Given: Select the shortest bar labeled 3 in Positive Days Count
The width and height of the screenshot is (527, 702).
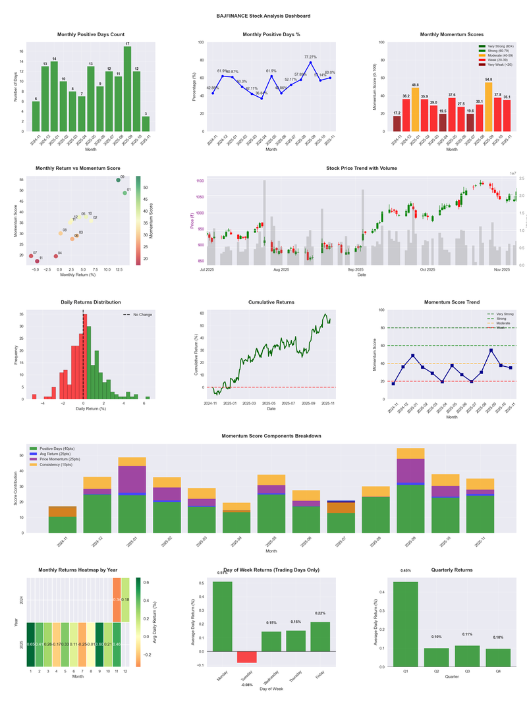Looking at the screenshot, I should click(146, 124).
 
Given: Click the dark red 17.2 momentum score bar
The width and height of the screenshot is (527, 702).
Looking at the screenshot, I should click(397, 123).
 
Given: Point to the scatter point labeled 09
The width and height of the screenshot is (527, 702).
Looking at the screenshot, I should click(118, 180).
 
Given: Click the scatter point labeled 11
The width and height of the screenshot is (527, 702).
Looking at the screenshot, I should click(37, 261).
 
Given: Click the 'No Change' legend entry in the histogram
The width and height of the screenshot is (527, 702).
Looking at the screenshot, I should click(142, 315).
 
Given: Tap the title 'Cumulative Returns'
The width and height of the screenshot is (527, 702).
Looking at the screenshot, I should click(271, 302).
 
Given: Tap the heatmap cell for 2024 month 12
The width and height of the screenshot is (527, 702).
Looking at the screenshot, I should click(125, 600).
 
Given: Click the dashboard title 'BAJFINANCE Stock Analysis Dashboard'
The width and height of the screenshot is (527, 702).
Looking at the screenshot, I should click(263, 15).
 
